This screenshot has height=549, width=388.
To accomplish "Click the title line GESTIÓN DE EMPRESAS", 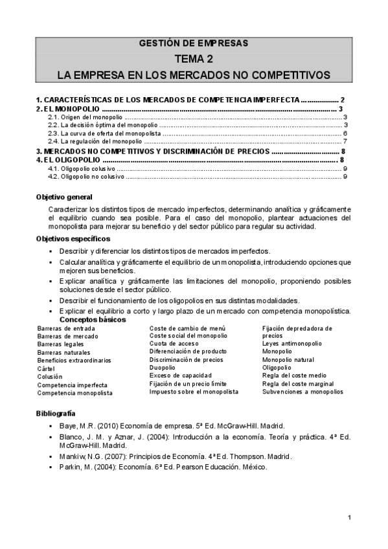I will tap(194, 44).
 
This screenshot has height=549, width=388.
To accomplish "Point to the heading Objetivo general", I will tap(64, 197).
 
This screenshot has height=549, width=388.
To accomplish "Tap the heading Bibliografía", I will tap(56, 412).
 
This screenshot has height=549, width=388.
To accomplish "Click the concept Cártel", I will tap(47, 368).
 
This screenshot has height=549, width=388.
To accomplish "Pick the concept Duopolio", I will tap(163, 367).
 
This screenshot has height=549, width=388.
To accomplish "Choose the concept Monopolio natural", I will tap(291, 359).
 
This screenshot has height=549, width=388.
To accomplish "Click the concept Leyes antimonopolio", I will tap(291, 344).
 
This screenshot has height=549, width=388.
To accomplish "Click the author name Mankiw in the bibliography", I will tap(71, 456).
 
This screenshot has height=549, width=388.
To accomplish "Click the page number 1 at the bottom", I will tap(349, 517).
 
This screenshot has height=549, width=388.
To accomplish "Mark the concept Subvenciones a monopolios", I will tap(302, 392).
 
